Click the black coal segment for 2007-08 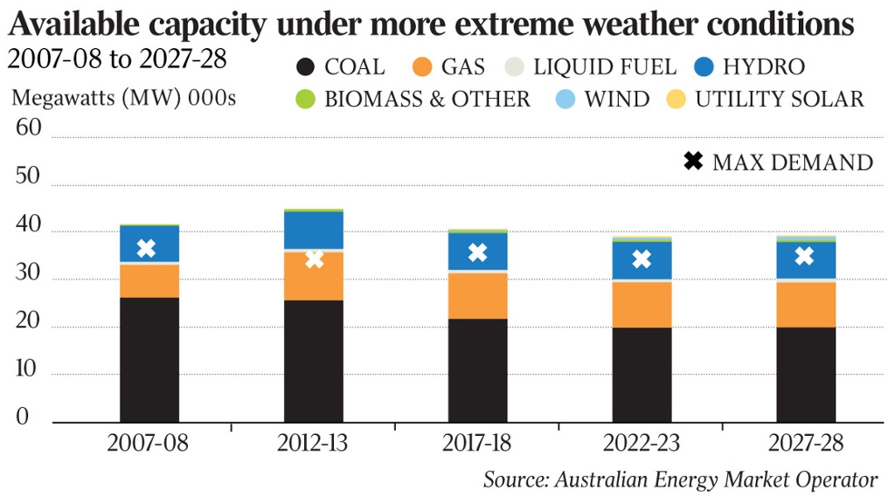click(149, 360)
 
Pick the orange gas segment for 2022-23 click(642, 304)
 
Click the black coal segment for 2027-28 click(805, 374)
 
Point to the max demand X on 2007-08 click(147, 248)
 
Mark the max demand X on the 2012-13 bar click(314, 259)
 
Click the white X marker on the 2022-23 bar click(642, 259)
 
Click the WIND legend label click(617, 99)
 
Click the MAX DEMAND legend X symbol click(693, 162)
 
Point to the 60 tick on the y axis click(29, 129)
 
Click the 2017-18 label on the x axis click(476, 443)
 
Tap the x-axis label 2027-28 click(806, 443)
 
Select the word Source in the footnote click(516, 480)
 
